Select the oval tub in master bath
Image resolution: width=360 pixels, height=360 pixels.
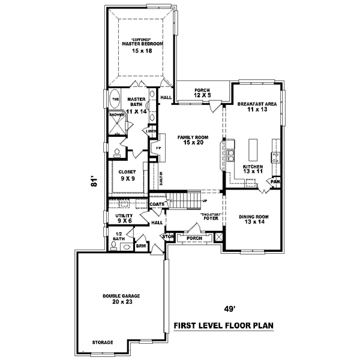pos(115,100)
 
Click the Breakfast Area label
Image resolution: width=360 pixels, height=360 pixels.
pos(256,104)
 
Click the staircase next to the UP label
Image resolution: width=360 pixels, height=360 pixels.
pos(186,199)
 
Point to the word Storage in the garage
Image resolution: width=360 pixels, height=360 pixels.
pos(102,342)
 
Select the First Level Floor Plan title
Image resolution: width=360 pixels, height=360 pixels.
pos(223,326)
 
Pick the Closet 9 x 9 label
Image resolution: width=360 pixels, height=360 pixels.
pos(125,175)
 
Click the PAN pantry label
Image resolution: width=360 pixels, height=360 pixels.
pos(275,181)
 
